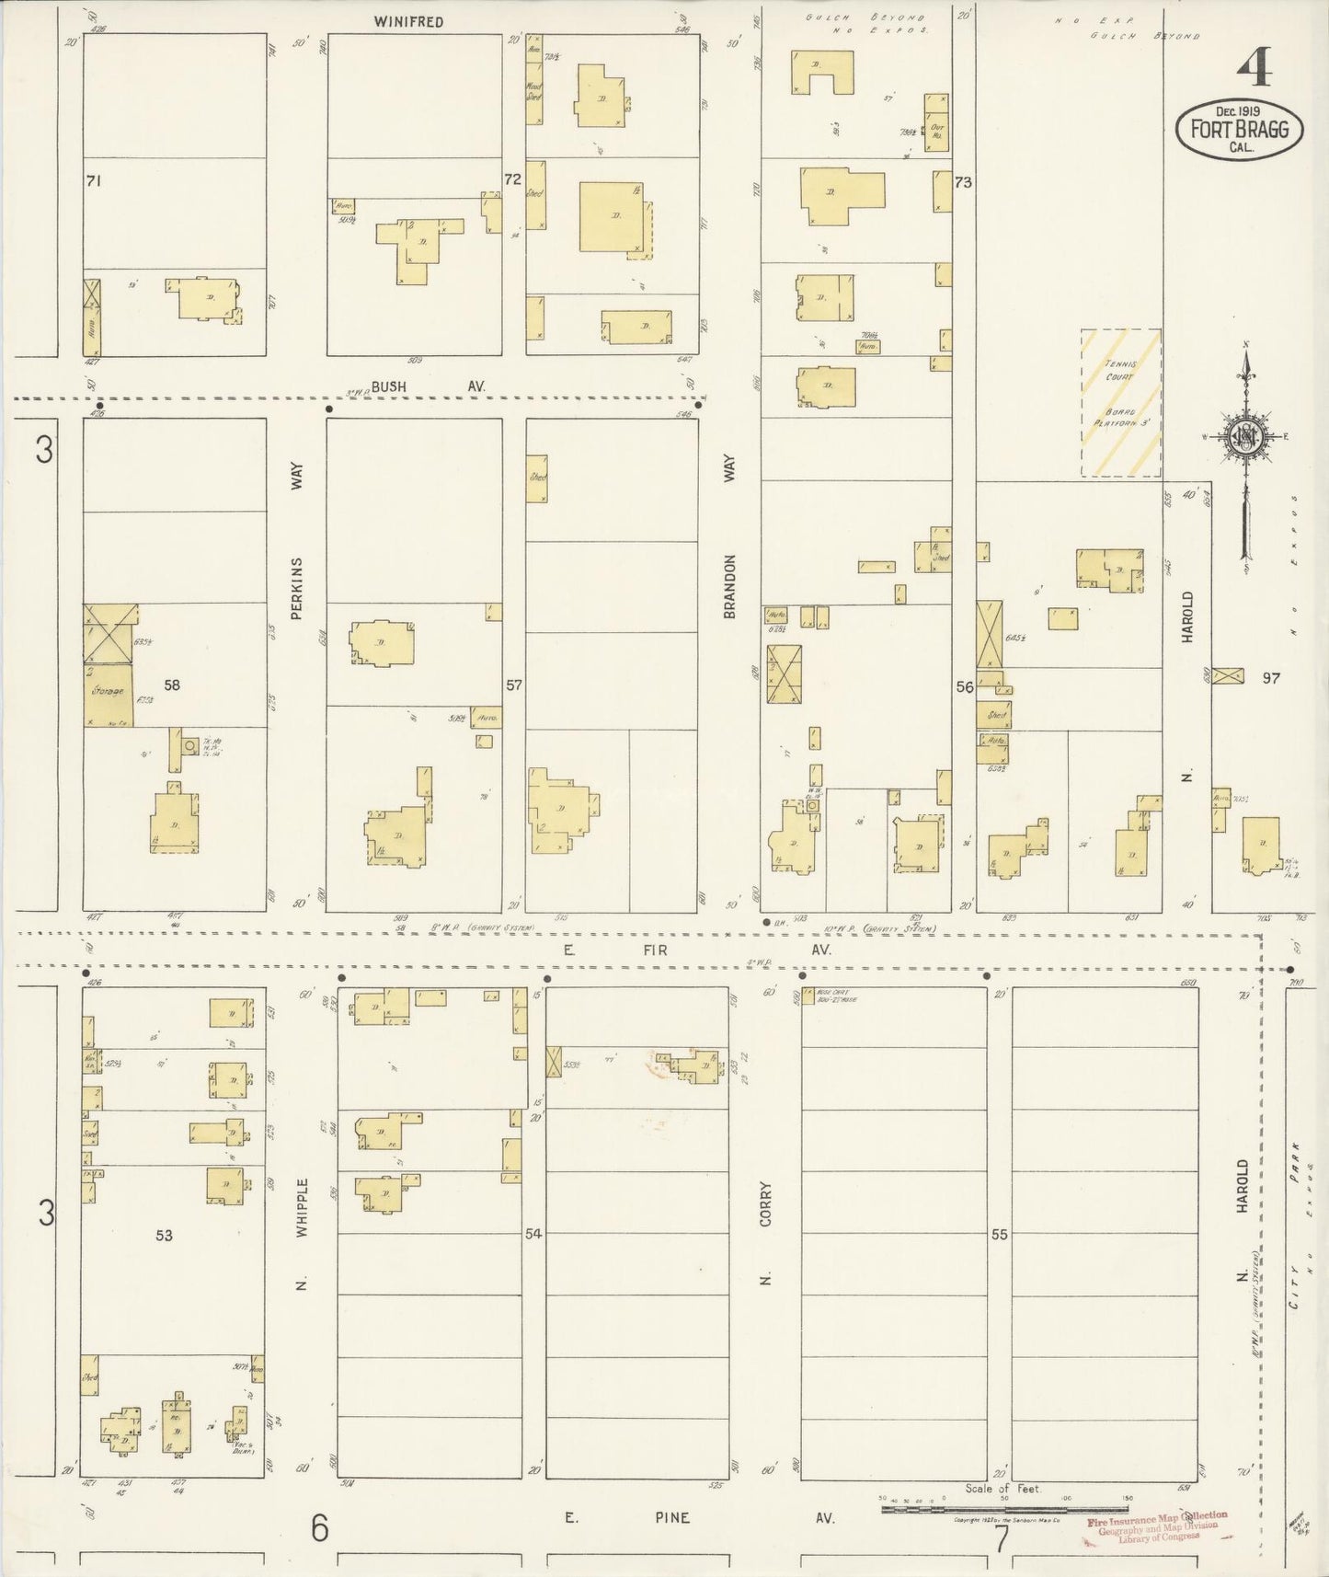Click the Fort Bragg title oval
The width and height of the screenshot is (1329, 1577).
coord(1239,131)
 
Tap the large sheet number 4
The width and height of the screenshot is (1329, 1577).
coord(1254,67)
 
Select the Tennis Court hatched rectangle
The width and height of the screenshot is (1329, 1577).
coord(1120,403)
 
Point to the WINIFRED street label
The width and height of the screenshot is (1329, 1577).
coord(408,21)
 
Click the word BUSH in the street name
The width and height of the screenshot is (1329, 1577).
coord(389,387)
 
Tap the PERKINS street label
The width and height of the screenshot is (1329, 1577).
coord(297,588)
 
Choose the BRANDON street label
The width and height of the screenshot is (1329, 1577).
coord(730,585)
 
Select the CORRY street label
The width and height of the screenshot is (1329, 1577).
coord(765,1204)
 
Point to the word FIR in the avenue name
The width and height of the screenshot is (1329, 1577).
coord(658,950)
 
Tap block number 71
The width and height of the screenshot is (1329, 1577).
coord(93,181)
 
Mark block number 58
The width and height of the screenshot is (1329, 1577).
coord(172,685)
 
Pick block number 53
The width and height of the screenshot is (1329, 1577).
coord(164,1235)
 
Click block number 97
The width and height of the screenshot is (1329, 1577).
coord(1271,678)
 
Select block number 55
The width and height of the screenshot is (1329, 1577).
coord(1000,1235)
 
